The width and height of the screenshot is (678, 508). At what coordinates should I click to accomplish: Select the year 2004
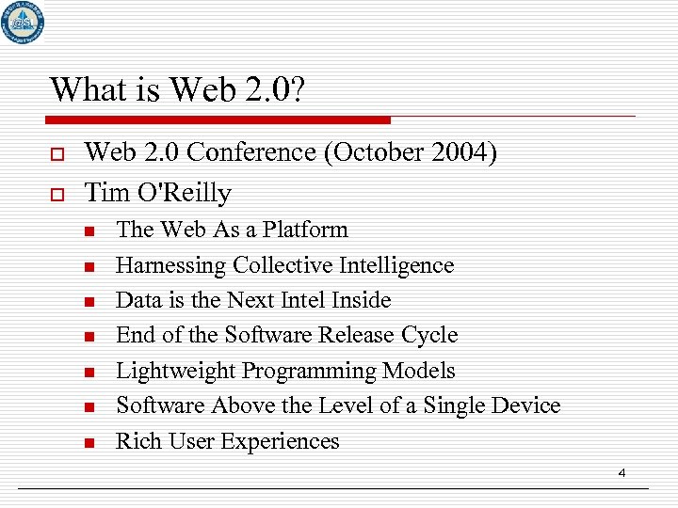[x=456, y=152]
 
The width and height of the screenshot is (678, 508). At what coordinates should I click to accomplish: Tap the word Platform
[x=305, y=230]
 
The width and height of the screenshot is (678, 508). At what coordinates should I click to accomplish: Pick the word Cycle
[x=428, y=335]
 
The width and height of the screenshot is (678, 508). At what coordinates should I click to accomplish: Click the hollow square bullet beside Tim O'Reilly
[x=57, y=194]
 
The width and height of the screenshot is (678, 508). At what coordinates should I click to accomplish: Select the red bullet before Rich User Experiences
[x=89, y=442]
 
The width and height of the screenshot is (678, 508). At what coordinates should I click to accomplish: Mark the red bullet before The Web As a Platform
[x=89, y=231]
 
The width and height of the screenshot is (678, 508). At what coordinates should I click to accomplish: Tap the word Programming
[x=309, y=371]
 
